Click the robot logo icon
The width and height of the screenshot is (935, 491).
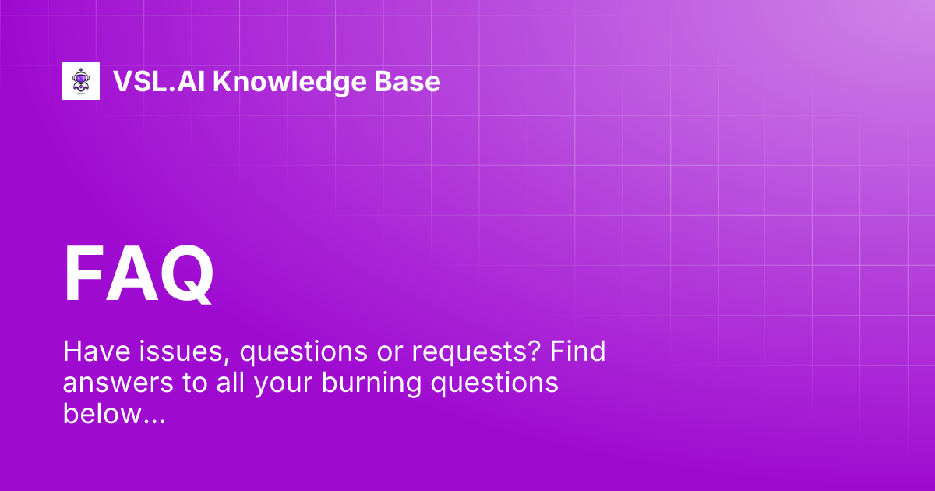[x=81, y=81]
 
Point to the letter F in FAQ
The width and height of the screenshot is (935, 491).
[x=85, y=275]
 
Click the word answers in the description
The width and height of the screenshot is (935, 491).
[x=110, y=384]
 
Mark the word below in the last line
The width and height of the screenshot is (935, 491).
[x=97, y=415]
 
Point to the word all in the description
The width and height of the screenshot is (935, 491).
[x=213, y=383]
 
